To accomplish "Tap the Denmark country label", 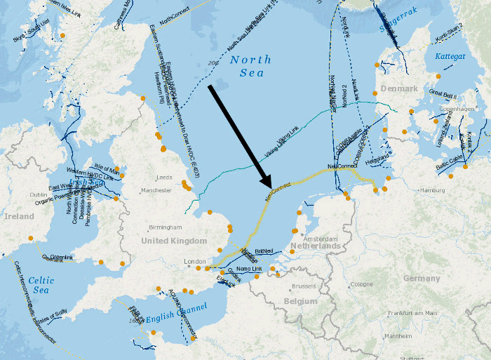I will click(x=399, y=89).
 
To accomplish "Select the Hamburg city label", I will click(x=432, y=190).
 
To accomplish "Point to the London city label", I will click(x=194, y=262).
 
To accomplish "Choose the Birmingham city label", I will click(x=166, y=227).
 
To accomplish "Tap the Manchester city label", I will click(x=156, y=190).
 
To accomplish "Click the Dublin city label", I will click(x=39, y=195).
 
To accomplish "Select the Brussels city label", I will click(x=304, y=286).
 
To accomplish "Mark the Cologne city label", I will click(x=362, y=284).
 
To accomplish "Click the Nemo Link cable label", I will click(x=249, y=269).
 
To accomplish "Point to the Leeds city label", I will click(x=165, y=178).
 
